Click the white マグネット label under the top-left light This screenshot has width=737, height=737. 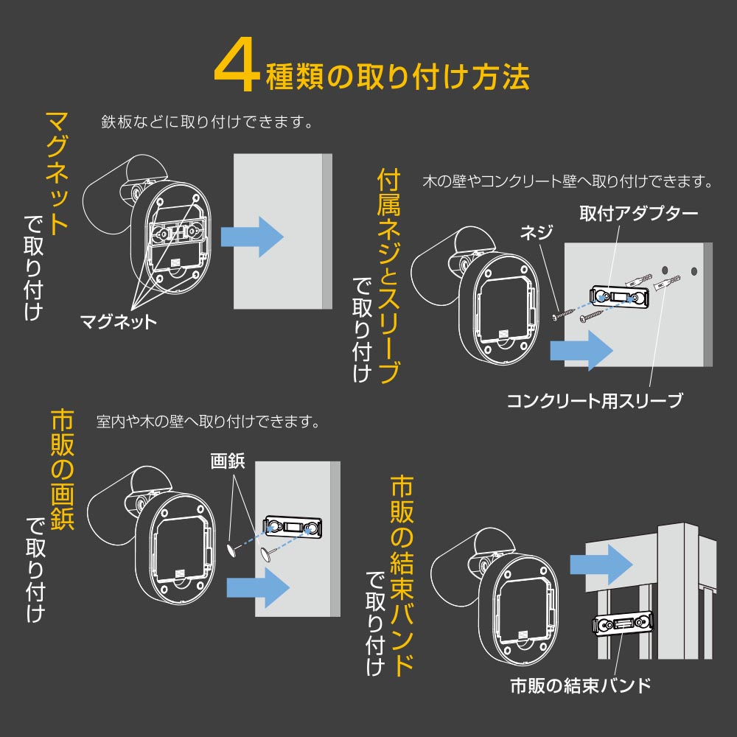click(118, 322)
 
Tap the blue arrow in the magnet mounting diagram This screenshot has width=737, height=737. click(252, 237)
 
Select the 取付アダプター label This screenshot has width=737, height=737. click(638, 214)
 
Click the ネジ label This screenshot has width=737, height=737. click(537, 231)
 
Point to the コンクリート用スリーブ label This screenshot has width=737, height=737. click(595, 400)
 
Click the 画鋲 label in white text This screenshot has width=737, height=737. click(228, 461)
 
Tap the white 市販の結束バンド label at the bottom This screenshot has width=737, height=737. click(581, 685)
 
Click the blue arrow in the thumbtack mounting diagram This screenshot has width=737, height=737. click(258, 587)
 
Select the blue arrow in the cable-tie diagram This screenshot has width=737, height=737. click(601, 565)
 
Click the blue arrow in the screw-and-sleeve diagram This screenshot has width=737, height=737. click(581, 350)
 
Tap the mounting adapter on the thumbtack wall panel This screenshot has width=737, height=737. click(293, 527)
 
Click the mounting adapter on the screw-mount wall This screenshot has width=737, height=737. click(620, 296)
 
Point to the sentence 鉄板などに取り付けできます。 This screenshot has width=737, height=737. click(207, 122)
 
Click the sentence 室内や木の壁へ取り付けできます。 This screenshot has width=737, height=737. click(208, 421)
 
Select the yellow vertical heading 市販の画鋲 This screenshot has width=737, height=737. click(63, 470)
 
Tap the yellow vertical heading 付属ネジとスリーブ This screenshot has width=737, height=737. click(388, 277)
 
